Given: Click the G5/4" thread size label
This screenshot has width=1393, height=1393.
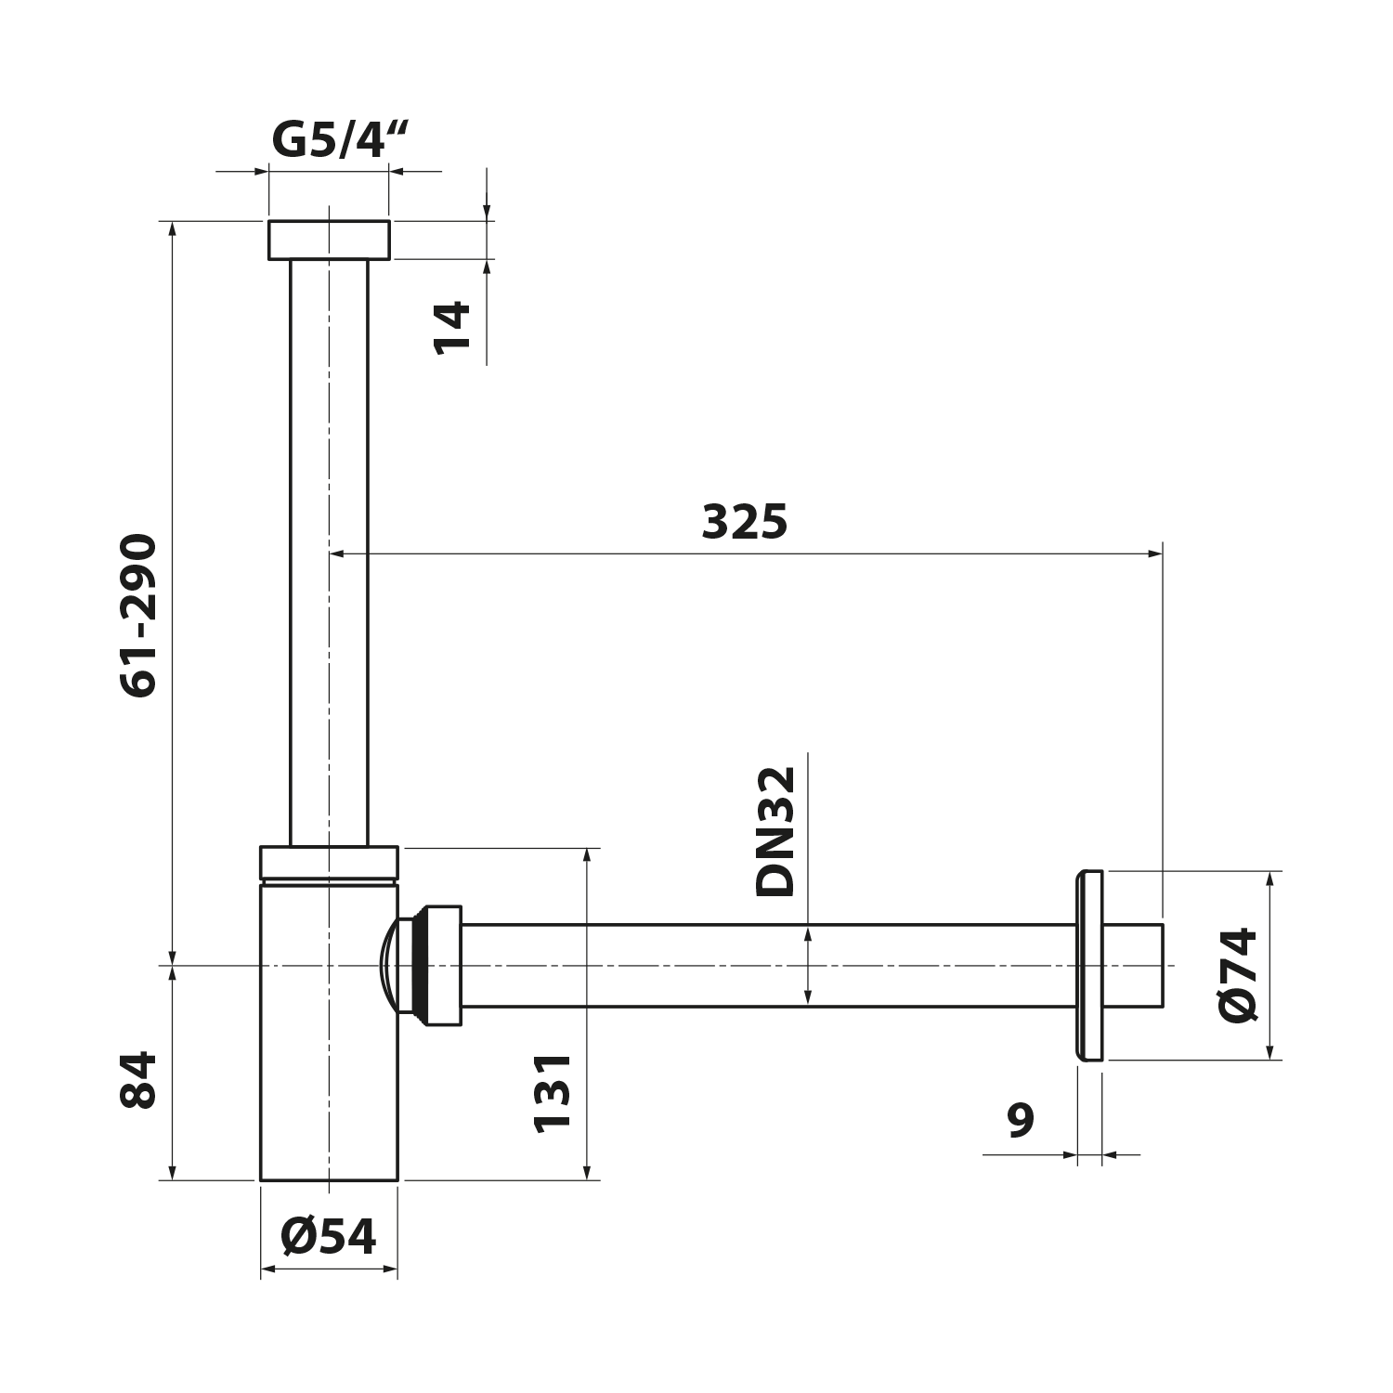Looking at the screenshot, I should tap(341, 141).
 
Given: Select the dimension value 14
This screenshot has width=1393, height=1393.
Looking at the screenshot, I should tap(454, 327).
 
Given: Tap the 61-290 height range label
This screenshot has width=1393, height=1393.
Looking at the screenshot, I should tap(140, 615).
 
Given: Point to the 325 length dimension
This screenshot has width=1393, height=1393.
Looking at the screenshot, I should tap(744, 522).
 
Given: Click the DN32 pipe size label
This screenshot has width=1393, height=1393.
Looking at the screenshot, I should tap(776, 831).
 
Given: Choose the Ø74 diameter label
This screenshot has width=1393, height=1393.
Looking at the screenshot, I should tap(1240, 974).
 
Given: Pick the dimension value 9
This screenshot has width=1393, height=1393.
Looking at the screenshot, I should tap(1021, 1121).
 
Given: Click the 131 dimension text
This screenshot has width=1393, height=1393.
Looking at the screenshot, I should tap(553, 1092).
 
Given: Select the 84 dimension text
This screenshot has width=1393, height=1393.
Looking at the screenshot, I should tap(140, 1080).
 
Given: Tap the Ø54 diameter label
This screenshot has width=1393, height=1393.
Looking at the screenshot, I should tap(329, 1236).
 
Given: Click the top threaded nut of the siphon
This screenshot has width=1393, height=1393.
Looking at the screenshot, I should tap(329, 240).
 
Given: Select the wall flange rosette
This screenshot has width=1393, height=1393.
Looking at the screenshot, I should tap(1089, 966).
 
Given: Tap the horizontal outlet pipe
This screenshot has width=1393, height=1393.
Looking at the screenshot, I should tap(762, 966).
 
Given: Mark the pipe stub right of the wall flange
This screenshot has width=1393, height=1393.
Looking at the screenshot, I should tap(1133, 966).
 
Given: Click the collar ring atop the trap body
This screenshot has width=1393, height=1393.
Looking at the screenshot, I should tap(329, 863).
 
